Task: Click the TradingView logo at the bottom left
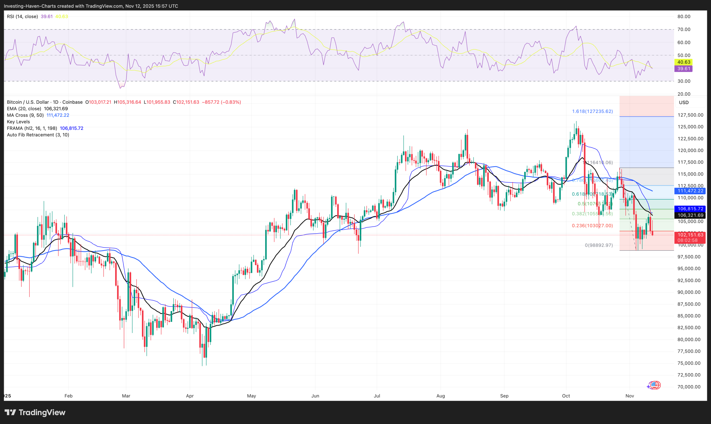coord(35,412)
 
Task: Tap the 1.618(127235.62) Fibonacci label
coord(592,112)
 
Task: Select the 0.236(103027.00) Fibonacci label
coord(592,226)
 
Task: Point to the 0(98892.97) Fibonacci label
coord(599,245)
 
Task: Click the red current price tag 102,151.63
coord(690,235)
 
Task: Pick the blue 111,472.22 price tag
coord(690,191)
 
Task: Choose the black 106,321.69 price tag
coord(690,215)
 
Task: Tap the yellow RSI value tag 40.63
coord(684,62)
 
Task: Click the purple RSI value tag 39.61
coord(684,69)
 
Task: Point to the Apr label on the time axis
coord(190,396)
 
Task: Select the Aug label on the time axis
coord(440,396)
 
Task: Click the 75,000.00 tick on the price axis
coord(689,363)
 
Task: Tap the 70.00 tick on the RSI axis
coord(684,29)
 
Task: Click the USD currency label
coord(684,103)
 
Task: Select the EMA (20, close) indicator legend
coord(24,108)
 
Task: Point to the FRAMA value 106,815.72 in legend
coord(71,128)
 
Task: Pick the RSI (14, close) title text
coord(22,17)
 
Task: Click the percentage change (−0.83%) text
coord(231,102)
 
